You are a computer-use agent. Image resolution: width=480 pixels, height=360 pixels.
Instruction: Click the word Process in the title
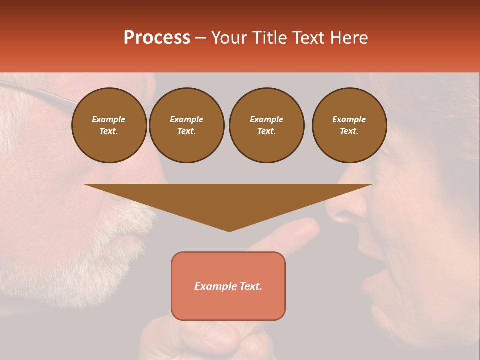pyautogui.click(x=157, y=38)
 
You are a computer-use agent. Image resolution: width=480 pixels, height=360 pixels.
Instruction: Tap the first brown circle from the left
pyautogui.click(x=109, y=125)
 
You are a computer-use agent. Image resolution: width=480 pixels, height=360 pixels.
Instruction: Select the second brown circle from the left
pyautogui.click(x=187, y=125)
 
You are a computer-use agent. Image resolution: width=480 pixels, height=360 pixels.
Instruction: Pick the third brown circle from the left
pyautogui.click(x=266, y=125)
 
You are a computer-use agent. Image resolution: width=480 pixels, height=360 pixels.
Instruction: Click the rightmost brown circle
pyautogui.click(x=349, y=125)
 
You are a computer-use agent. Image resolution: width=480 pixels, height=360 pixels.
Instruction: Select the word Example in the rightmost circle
pyautogui.click(x=349, y=119)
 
